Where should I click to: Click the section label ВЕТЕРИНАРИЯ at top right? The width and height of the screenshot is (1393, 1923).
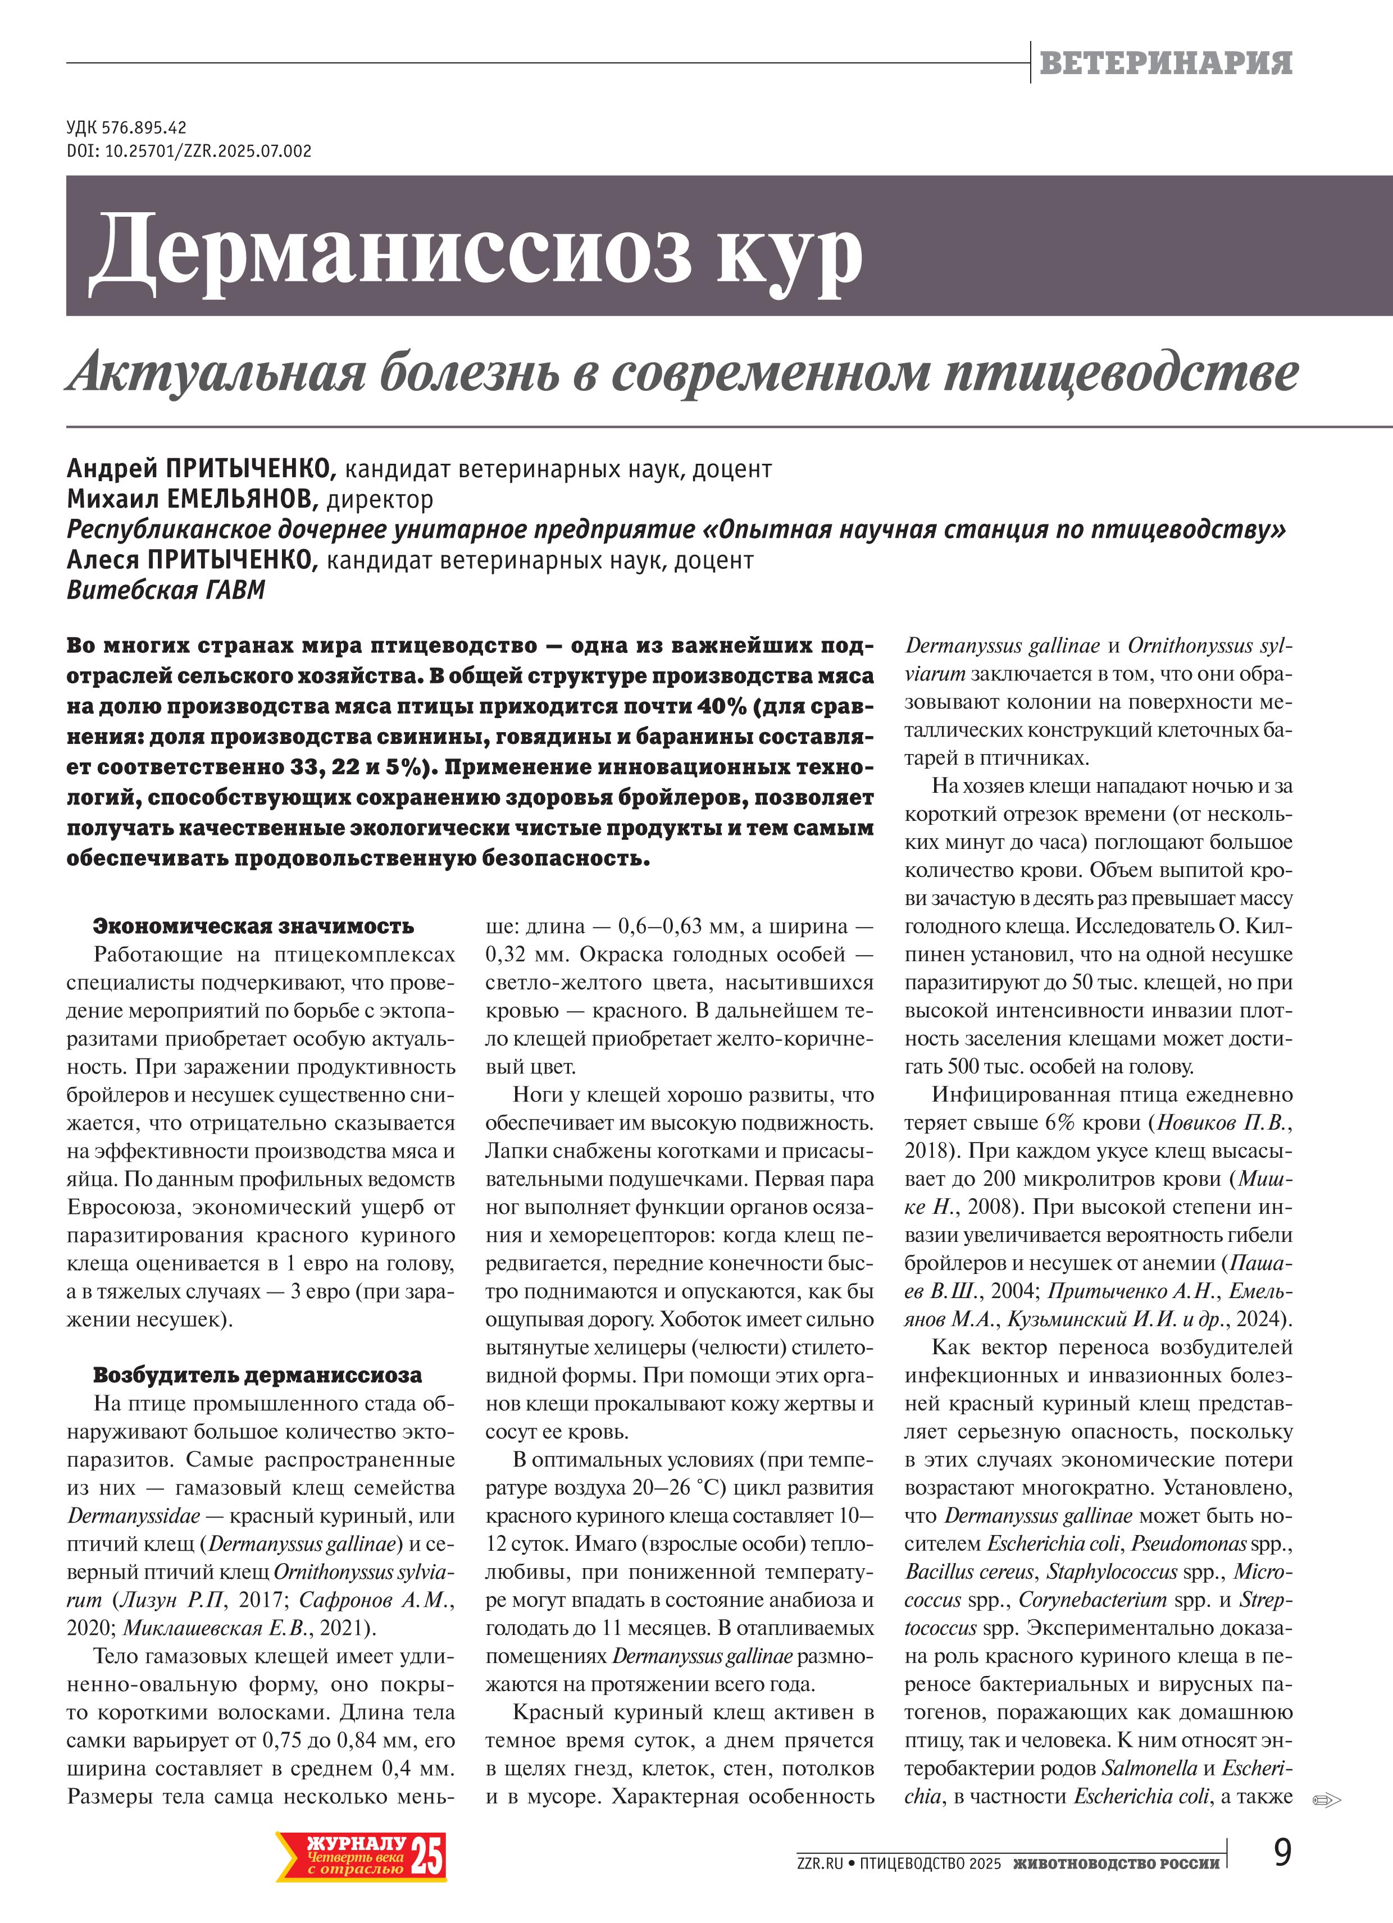coord(1165,63)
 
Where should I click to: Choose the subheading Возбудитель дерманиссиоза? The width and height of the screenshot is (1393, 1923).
coord(257,1374)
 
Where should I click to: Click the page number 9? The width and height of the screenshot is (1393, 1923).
coord(1282,1853)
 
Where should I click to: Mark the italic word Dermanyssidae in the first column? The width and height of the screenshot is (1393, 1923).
coord(134,1515)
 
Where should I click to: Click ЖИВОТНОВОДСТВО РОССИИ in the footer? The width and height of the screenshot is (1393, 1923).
coord(1116,1863)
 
